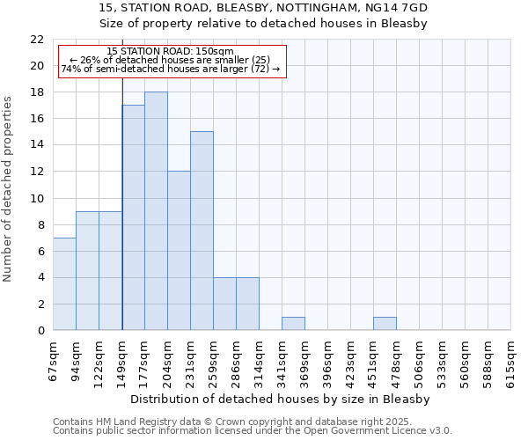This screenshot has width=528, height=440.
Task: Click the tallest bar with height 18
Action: tap(156, 211)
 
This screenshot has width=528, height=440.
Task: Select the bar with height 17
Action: tap(133, 217)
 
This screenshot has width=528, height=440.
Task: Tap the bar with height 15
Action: tap(202, 231)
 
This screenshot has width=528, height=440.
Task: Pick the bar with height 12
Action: tap(179, 251)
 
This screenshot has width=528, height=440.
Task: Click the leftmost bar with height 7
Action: tap(64, 284)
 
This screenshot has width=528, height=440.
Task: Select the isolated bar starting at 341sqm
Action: tap(293, 324)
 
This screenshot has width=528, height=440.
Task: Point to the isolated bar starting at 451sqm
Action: tap(385, 324)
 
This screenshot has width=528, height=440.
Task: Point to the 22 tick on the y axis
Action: tap(37, 40)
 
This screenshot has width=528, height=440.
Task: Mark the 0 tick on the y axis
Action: tap(40, 331)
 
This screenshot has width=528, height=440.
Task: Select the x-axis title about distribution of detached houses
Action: tap(282, 399)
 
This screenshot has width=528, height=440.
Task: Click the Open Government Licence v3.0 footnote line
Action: tap(253, 430)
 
